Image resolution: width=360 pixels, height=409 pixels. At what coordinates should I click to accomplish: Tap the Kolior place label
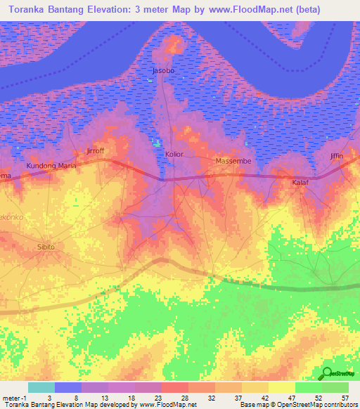174,153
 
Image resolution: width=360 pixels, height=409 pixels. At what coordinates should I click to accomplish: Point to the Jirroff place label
94,151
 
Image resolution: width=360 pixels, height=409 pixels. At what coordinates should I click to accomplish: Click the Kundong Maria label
51,166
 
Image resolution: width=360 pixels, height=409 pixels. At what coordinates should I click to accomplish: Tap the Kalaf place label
301,183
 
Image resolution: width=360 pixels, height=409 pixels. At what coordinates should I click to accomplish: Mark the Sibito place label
45,247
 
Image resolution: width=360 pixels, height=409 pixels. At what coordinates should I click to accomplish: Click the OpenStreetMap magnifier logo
327,373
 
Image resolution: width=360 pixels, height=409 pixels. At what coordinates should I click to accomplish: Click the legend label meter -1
14,398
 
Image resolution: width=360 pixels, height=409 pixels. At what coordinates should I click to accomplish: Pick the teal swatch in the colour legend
41,387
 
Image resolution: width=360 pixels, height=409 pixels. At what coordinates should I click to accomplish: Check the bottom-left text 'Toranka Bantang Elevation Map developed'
63,405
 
